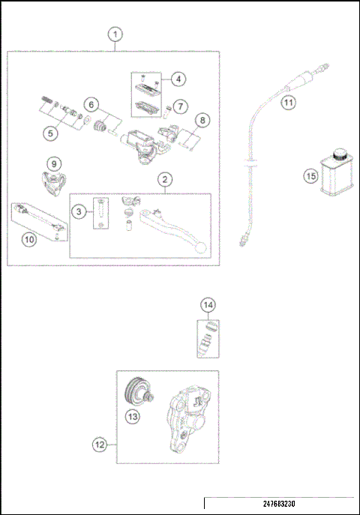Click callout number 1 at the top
(114, 34)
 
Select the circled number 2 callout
(164, 179)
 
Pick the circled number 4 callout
(178, 79)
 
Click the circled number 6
(90, 103)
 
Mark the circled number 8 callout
(200, 120)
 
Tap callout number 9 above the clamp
(52, 163)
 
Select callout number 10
(29, 240)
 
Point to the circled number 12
(99, 445)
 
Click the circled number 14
(209, 304)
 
